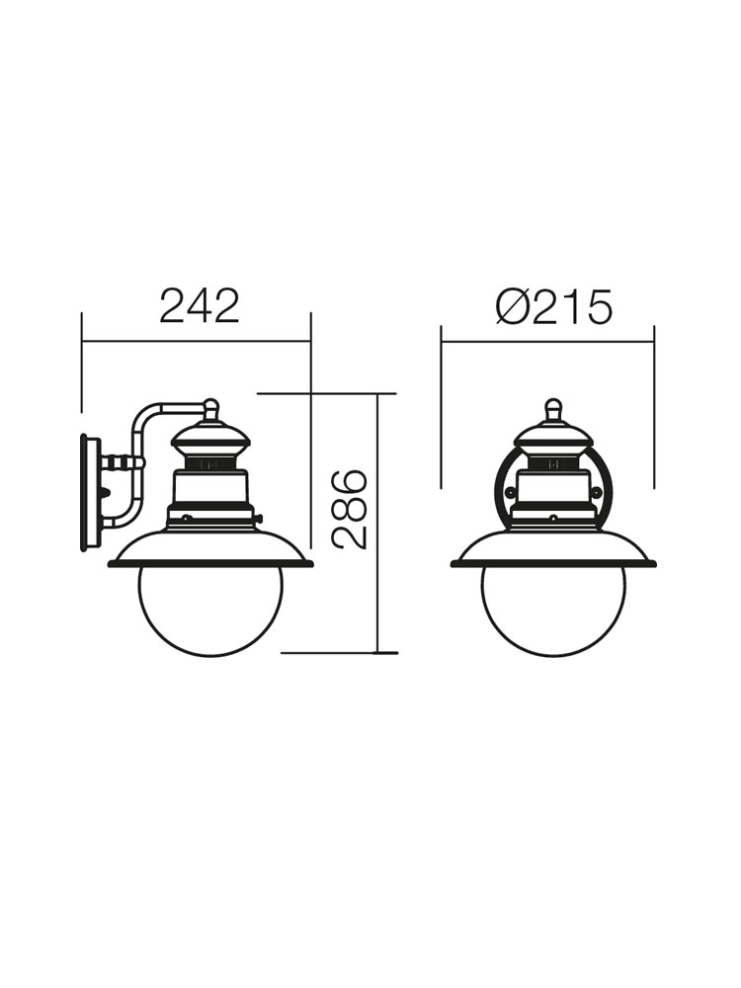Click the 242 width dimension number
click(200, 306)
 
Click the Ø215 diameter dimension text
click(553, 308)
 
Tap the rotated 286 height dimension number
click(349, 509)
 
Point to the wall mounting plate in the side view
click(90, 491)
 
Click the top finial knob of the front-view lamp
click(554, 409)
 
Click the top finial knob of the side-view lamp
click(211, 409)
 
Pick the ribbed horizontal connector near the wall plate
click(121, 464)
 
